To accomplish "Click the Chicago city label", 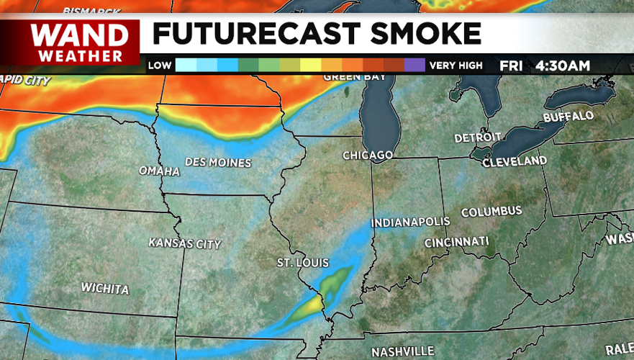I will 367,156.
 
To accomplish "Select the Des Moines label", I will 218,163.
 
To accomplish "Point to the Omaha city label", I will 160,171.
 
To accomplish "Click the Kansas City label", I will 184,243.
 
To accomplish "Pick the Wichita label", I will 105,289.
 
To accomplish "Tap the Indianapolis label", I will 410,222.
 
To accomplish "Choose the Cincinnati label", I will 456,241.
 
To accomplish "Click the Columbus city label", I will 492,212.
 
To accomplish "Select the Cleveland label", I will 514,162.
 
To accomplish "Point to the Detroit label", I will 477,138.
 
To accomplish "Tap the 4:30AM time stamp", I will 562,66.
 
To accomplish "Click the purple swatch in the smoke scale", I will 415,66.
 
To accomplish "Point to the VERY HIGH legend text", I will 456,66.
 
